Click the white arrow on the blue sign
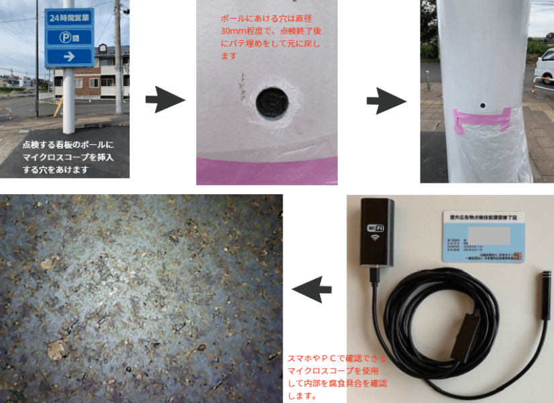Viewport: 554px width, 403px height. (x=69, y=57)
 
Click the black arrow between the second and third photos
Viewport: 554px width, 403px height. (x=386, y=100)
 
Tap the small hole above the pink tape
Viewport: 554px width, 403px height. (x=483, y=105)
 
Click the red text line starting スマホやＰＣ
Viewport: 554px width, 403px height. (x=336, y=358)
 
